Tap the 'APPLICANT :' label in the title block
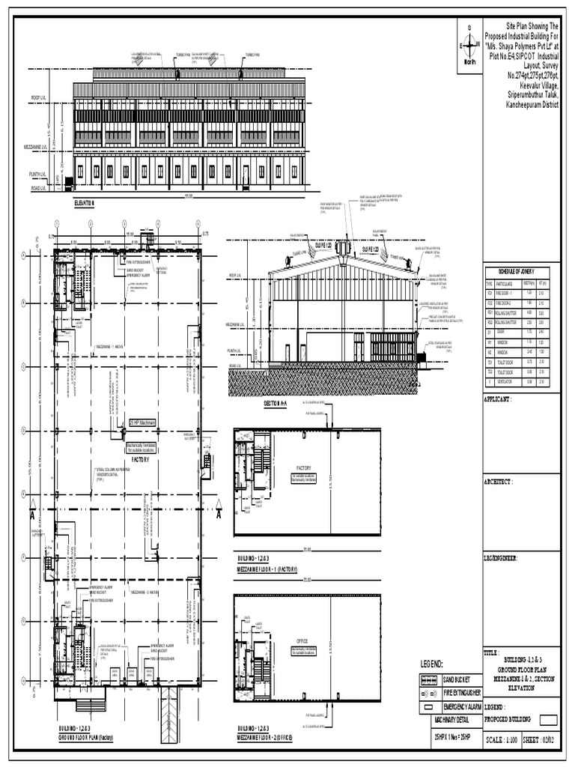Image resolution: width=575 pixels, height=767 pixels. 502,400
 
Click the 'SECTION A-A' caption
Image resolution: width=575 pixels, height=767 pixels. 276,404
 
